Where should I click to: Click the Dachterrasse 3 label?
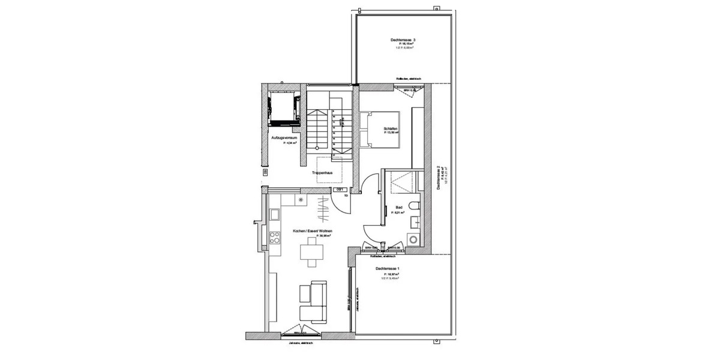[403, 40]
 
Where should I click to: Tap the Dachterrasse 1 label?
[388, 269]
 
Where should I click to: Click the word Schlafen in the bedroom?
[391, 130]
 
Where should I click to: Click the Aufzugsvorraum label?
[284, 137]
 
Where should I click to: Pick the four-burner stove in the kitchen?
[275, 238]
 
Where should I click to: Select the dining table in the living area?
[310, 251]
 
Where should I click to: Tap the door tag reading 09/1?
[340, 189]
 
